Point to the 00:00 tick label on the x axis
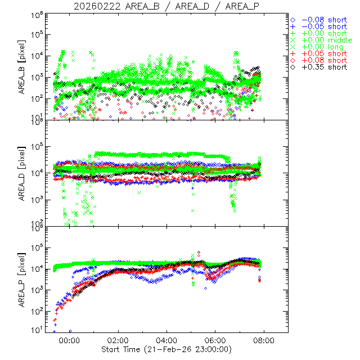(x=70, y=340)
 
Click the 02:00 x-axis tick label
(x=118, y=340)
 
